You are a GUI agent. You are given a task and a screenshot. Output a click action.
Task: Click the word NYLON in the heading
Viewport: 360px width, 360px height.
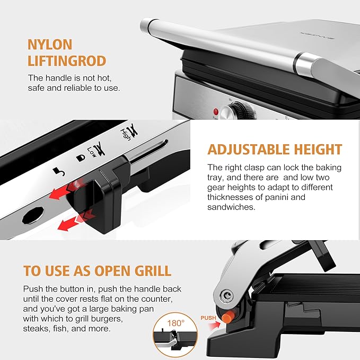50,44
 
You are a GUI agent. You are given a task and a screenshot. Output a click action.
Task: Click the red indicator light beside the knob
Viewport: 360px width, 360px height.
216,111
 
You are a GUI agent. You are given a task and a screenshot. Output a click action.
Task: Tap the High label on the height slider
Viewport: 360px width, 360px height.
126,128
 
